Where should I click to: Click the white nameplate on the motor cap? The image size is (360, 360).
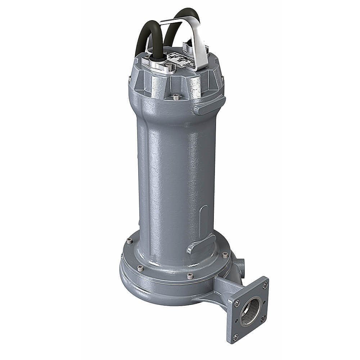click(180, 59)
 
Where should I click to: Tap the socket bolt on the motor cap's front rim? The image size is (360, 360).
click(175, 96)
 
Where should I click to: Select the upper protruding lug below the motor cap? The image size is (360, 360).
click(209, 105)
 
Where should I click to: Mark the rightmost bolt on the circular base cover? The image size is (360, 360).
click(225, 255)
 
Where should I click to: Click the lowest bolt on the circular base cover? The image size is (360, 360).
click(190, 276)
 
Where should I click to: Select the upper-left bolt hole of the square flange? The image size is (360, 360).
click(237, 303)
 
